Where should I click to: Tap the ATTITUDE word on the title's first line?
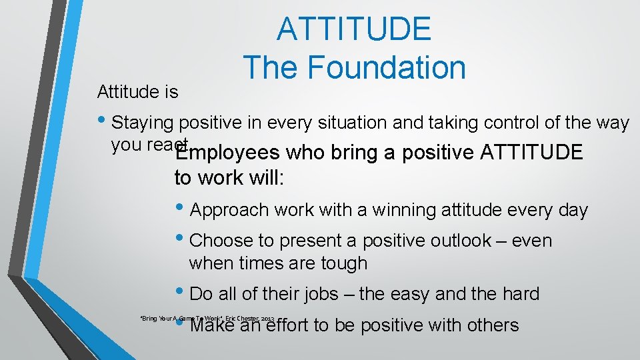354,29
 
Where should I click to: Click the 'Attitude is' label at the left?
138,91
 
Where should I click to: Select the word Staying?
142,123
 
